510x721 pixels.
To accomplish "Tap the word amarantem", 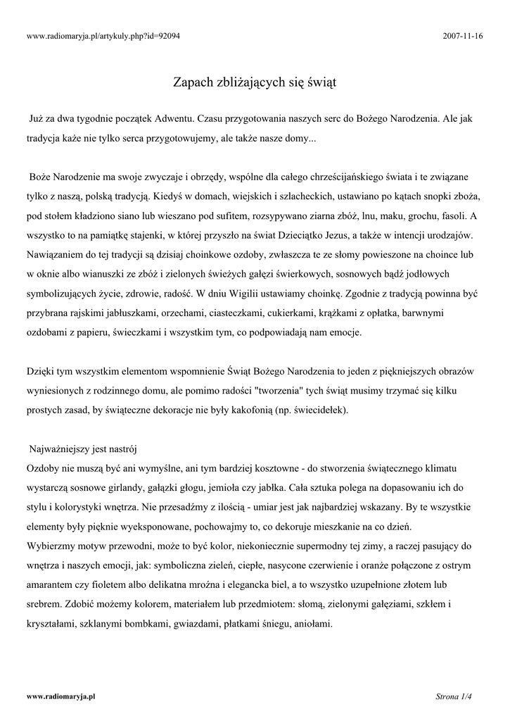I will tap(51, 584).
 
